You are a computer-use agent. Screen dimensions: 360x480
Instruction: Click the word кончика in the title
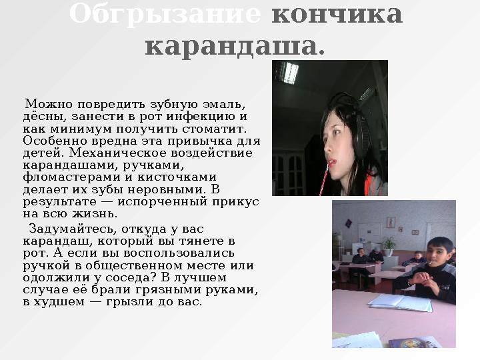tap(337, 14)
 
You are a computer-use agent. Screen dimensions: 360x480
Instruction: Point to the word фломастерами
tap(63, 177)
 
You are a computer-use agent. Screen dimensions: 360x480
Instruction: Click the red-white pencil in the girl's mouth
tap(324, 180)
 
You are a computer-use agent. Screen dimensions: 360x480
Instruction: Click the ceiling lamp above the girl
tap(289, 72)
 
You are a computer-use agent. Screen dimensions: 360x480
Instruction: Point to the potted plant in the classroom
tap(389, 243)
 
